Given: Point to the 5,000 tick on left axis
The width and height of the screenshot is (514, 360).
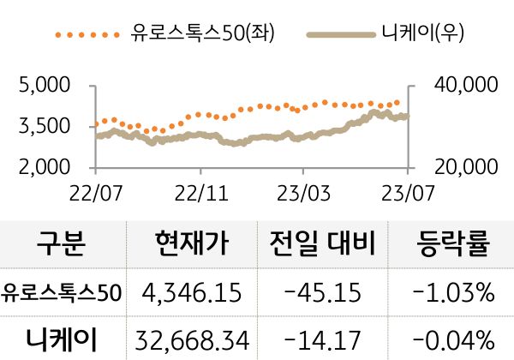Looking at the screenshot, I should tap(45, 86).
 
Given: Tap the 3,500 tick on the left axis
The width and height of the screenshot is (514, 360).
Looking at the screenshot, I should tap(45, 126).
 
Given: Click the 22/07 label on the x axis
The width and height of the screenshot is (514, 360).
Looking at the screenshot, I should tap(96, 188).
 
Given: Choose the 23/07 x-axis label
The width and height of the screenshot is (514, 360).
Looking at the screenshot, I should tap(406, 188).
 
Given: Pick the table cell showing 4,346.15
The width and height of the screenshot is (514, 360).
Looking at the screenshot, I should tap(193, 294).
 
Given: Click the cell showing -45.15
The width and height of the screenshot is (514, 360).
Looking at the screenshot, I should tap(322, 294).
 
